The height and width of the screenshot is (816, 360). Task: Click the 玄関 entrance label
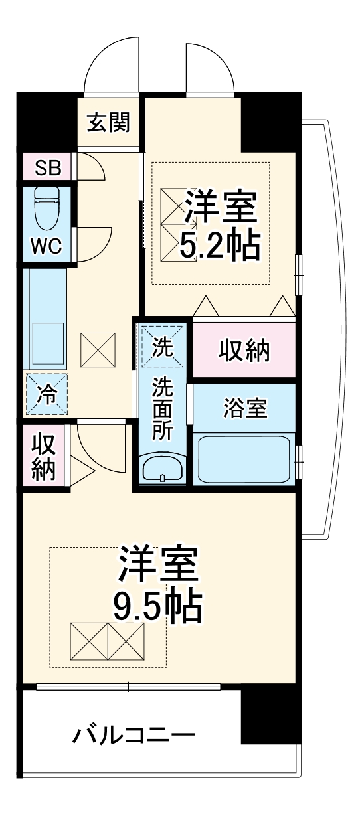[x=107, y=123]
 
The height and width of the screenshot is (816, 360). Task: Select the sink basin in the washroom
[x=162, y=470]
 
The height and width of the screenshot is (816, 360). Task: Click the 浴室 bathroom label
[x=244, y=409]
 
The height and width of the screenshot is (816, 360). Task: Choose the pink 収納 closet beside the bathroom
[x=244, y=351]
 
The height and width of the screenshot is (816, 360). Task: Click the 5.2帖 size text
[x=219, y=247]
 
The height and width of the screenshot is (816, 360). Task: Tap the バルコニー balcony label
[x=134, y=736]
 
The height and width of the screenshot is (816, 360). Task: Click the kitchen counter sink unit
[x=45, y=319]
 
